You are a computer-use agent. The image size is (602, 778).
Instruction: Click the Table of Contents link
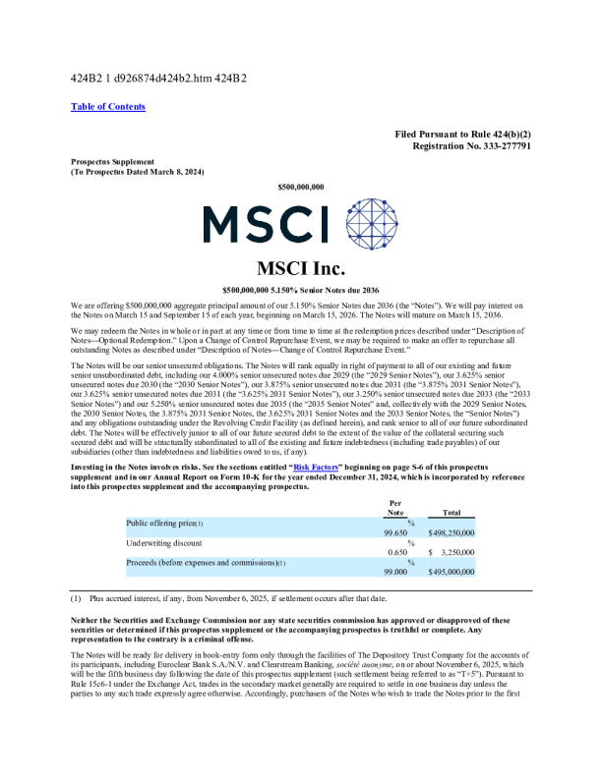108,106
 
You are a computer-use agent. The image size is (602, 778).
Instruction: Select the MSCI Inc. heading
300,267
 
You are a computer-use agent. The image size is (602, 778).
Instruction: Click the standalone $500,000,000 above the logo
300,186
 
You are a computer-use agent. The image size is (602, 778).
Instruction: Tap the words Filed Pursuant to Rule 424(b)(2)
463,133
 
